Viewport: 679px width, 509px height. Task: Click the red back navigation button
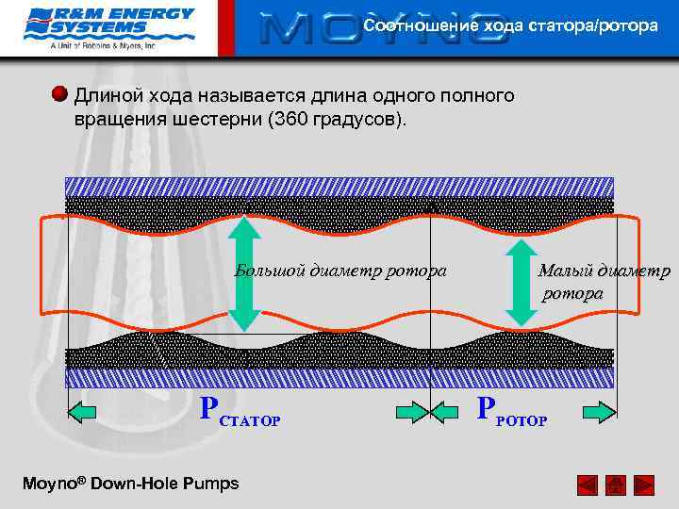587,485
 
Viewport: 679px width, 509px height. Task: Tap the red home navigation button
615,485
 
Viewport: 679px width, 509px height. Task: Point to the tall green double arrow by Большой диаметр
244,273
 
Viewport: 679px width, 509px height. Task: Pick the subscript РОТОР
521,419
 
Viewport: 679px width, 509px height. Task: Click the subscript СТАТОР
249,420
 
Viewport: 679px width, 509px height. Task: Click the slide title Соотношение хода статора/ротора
511,25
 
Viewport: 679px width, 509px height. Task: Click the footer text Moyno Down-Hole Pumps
130,484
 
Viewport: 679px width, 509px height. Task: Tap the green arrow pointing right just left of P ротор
413,410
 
